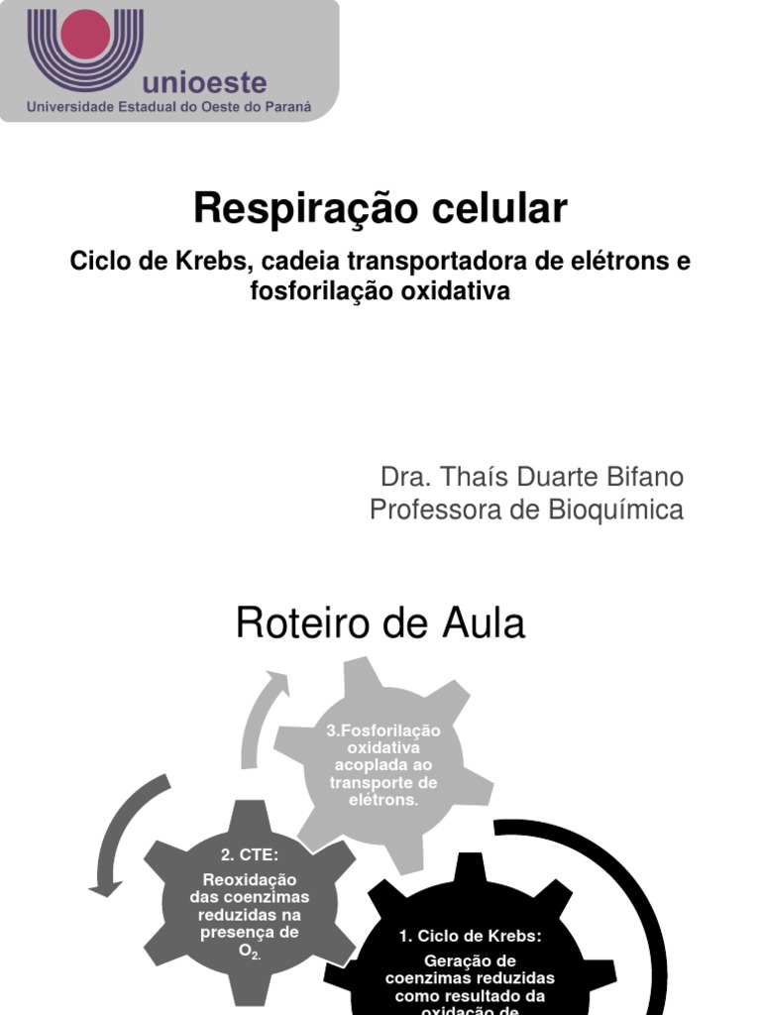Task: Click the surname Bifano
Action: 641,477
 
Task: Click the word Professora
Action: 431,509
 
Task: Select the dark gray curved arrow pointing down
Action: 123,833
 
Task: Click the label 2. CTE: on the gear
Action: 250,855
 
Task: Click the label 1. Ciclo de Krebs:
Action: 471,936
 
